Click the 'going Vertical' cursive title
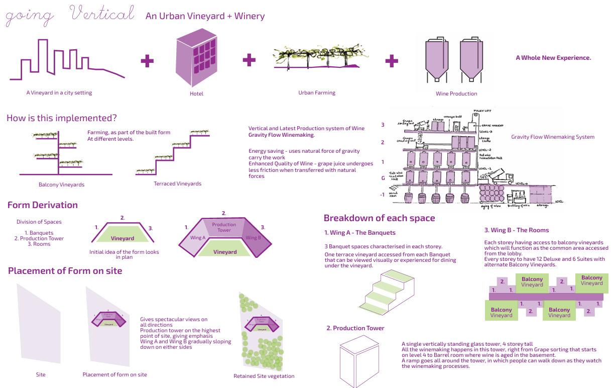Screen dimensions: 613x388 (70, 15)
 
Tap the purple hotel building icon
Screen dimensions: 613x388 (196, 58)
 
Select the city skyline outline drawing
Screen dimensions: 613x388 (66, 60)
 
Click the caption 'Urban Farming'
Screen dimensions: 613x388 (317, 92)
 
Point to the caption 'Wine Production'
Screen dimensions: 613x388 (456, 93)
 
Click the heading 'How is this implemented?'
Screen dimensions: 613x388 (62, 119)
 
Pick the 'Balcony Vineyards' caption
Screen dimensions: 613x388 (61, 184)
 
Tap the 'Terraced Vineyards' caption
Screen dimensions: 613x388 (177, 183)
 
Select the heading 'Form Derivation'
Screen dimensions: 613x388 (43, 205)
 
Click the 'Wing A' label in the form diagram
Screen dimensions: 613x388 (197, 238)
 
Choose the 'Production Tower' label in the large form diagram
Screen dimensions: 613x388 (224, 227)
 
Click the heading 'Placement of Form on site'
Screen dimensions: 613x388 (65, 271)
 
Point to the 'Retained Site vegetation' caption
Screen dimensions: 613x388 (264, 376)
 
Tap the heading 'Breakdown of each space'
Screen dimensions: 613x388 (379, 218)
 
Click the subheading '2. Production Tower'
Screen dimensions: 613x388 (355, 328)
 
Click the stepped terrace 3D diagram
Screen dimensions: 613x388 (387, 291)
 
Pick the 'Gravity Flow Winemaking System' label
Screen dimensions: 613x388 (553, 137)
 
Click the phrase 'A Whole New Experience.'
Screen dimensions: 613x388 (553, 58)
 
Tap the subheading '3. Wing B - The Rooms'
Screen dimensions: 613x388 (517, 230)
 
